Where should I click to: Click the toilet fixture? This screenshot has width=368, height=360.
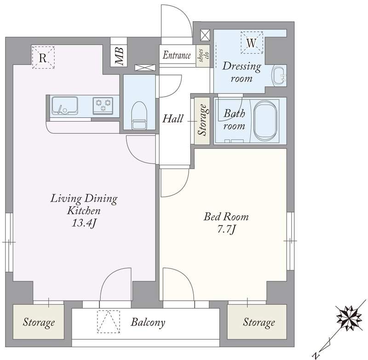[x=139, y=115]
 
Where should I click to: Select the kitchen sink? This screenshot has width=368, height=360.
[x=64, y=105]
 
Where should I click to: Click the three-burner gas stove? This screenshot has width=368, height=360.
[x=103, y=105]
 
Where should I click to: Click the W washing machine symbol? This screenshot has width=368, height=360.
[x=252, y=43]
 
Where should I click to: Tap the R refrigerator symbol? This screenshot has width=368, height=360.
[x=43, y=58]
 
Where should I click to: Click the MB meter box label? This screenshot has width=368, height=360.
[x=119, y=56]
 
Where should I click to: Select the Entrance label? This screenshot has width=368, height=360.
[x=177, y=55]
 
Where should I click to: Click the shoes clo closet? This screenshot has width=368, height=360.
[x=203, y=56]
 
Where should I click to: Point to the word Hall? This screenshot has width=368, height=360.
[x=173, y=119]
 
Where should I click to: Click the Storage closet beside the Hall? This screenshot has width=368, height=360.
[x=202, y=121]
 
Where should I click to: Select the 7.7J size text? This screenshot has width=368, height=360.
[x=226, y=229]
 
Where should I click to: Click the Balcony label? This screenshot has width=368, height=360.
[x=148, y=322]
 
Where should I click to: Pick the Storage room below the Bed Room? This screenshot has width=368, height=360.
[x=257, y=322]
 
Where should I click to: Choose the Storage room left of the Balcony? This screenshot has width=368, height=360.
[x=39, y=322]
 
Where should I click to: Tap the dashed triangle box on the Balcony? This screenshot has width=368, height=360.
[x=109, y=321]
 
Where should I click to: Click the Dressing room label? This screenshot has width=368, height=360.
[x=241, y=72]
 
